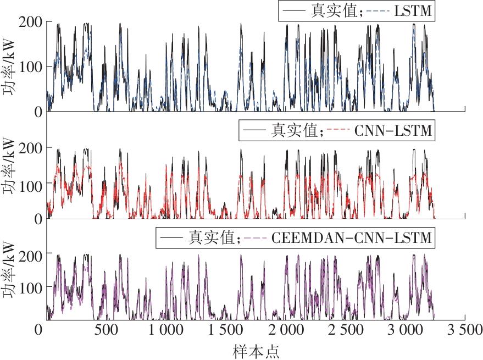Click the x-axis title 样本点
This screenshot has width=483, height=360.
(x=256, y=350)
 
